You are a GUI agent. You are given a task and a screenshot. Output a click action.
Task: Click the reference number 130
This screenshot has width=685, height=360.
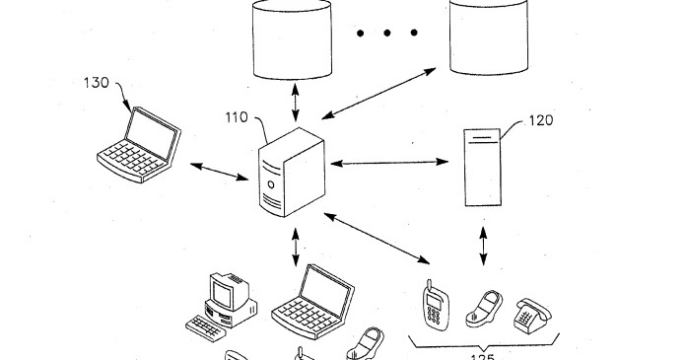click(x=96, y=84)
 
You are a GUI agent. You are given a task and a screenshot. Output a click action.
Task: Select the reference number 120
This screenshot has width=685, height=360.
click(x=541, y=120)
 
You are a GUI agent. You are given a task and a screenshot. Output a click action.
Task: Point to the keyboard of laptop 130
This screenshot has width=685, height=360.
click(x=128, y=159)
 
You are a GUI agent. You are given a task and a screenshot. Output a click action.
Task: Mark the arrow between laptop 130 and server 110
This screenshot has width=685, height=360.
click(x=219, y=171)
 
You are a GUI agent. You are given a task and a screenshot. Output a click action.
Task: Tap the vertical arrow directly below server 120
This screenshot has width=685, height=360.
click(x=483, y=246)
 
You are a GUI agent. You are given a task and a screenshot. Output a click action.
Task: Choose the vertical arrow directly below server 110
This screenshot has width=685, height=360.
click(x=296, y=247)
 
